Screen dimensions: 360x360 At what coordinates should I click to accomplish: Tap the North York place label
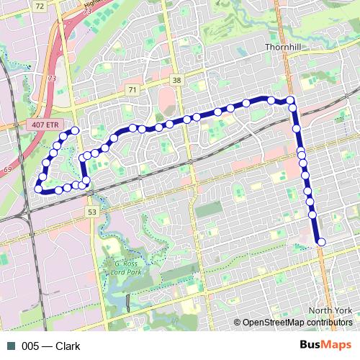point(329,310)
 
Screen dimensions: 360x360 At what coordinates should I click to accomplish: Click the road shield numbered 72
point(39,5)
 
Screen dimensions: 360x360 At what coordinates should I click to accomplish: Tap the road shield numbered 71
point(131,89)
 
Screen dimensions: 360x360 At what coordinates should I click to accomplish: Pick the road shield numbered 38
point(177,80)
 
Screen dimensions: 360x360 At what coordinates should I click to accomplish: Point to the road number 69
point(8,168)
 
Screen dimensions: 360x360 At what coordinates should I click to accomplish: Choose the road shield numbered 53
point(91,212)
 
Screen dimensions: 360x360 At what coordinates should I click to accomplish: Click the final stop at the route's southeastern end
point(321,242)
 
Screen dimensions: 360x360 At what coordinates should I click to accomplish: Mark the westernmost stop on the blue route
point(38,189)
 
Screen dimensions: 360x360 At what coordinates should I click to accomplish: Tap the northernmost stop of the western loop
point(74,130)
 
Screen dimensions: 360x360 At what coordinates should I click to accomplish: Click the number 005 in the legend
point(31,346)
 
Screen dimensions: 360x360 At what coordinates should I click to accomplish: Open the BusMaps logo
point(325,345)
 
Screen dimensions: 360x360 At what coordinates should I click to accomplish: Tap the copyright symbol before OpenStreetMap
point(238,323)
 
